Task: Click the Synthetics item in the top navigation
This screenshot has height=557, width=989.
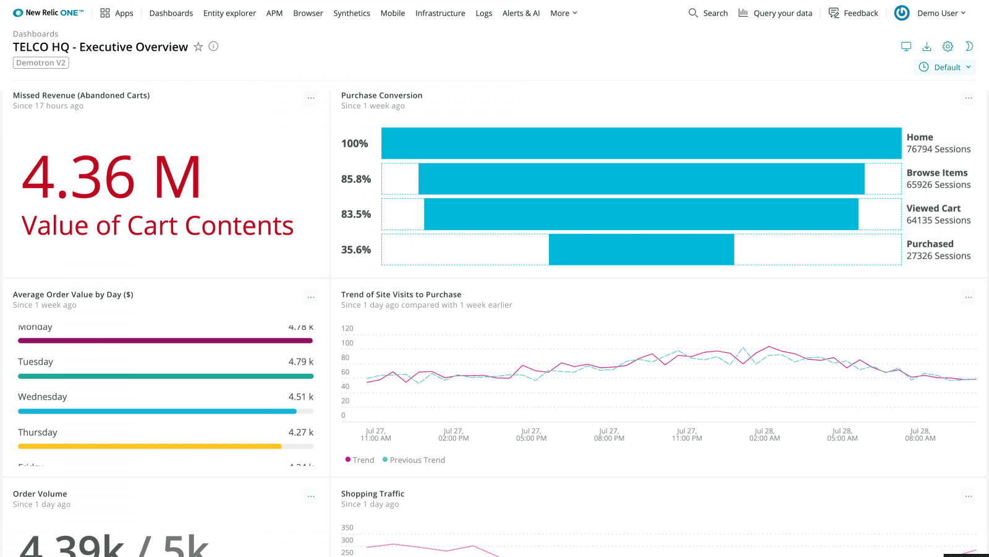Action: pos(351,13)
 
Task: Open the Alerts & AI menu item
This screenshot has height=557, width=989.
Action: pos(520,13)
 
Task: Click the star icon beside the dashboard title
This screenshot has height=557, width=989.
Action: pos(198,46)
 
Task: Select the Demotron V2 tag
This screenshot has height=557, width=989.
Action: pos(41,63)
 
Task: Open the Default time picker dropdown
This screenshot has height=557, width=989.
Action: pos(944,67)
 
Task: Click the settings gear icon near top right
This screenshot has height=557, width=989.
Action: pos(947,46)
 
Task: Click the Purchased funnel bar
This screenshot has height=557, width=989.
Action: pos(641,249)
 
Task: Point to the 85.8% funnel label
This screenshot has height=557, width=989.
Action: pos(355,179)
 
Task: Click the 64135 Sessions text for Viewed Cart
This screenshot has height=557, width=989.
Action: pos(938,220)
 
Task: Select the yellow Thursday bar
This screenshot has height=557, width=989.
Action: pos(150,446)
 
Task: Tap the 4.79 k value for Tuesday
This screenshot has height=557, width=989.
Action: pos(300,361)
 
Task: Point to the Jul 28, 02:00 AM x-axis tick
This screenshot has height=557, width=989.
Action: pos(764,434)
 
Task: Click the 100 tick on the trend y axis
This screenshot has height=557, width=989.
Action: pos(347,343)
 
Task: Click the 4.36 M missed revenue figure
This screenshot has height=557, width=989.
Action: pos(112,178)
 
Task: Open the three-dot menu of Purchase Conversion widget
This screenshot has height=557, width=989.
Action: pos(968,98)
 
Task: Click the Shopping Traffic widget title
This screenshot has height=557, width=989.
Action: pos(372,494)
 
